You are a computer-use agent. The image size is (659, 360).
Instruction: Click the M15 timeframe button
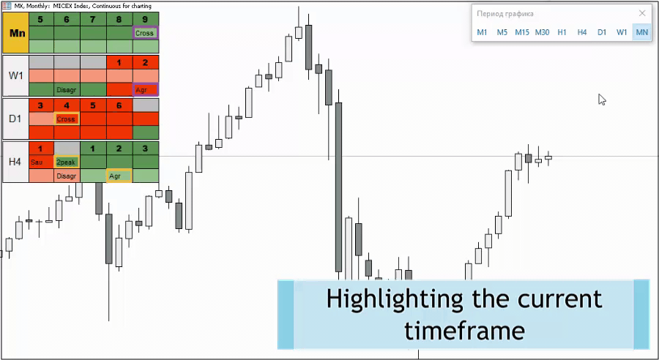coord(522,32)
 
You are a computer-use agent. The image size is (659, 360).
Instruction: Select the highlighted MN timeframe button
coord(641,32)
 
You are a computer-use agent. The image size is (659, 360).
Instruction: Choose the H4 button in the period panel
coord(581,32)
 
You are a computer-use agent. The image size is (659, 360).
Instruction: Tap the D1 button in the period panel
coord(602,32)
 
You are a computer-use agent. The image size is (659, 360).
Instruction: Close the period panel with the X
coord(642,13)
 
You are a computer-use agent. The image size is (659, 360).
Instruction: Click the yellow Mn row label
coord(16,33)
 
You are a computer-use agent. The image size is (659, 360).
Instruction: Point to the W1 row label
coord(16,76)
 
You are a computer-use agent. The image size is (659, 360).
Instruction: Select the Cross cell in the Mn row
coord(146,33)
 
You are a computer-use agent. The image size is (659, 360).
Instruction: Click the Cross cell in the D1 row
coord(67,119)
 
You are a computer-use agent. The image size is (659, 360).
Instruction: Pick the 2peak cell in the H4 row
coord(67,162)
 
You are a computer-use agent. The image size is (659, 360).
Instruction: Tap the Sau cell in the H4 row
coord(41,162)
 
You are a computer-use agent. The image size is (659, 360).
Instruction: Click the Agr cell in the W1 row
coord(146,90)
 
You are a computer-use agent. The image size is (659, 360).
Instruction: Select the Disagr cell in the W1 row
coord(67,90)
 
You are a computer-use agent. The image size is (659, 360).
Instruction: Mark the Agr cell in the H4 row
coord(119,176)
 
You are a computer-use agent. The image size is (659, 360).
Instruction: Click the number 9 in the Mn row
coord(145,19)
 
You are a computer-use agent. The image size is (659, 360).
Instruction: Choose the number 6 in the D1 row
coord(119,105)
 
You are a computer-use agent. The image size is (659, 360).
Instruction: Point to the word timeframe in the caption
coord(464,330)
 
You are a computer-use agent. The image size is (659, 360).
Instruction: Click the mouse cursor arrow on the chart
coord(602,100)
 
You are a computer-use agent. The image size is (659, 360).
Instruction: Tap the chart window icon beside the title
coord(7,6)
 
